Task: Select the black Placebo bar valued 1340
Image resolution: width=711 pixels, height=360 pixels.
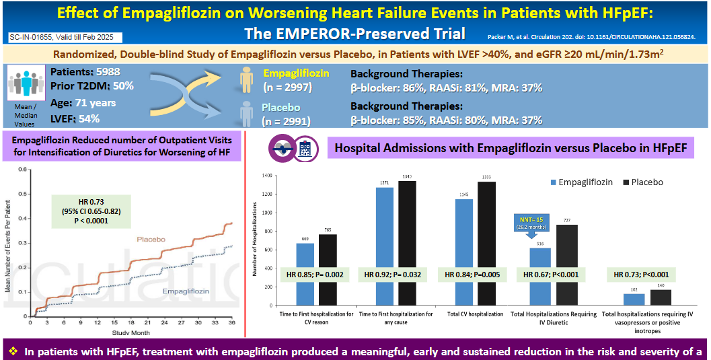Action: tap(407, 242)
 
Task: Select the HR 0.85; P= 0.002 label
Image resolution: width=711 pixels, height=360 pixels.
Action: tap(316, 275)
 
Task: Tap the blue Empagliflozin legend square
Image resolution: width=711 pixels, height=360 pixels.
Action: tap(555, 182)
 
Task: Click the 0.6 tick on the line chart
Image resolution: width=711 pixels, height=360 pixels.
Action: tap(24, 170)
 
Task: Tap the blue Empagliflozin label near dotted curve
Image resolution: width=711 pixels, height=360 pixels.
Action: tap(186, 290)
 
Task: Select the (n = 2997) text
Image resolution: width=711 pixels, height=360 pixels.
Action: tap(287, 87)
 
